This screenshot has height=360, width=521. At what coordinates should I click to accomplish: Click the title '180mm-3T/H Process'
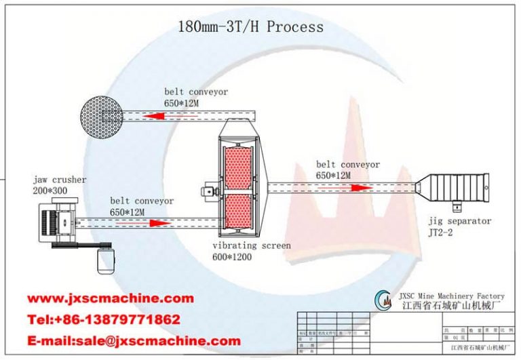250,27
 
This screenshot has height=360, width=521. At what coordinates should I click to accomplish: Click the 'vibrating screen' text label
250,245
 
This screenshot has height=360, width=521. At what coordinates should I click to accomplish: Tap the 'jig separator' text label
459,221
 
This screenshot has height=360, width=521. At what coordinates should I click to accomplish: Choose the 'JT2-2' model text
441,232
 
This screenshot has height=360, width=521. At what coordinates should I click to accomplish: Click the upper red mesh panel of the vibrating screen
238,165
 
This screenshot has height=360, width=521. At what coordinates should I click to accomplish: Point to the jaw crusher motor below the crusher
106,260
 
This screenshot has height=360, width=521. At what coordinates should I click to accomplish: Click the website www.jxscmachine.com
110,298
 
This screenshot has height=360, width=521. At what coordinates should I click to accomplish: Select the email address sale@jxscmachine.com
134,340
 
